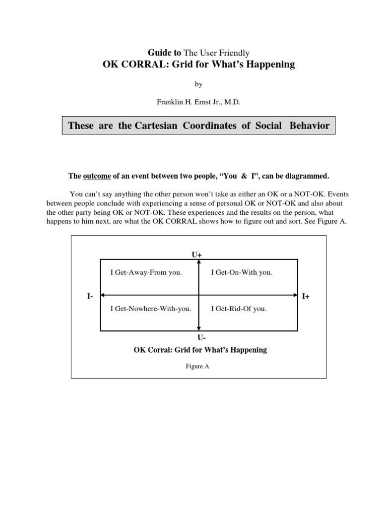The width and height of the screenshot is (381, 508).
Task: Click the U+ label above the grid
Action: [x=197, y=254]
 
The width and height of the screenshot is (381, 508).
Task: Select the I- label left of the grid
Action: [x=90, y=296]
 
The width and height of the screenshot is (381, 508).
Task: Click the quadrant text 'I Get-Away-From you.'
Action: [x=146, y=272]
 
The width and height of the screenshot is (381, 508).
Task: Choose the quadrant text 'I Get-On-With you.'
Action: [x=242, y=272]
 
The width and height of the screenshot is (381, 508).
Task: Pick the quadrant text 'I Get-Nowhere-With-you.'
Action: [x=150, y=309]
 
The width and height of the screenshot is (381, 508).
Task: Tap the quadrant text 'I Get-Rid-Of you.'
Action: [x=239, y=309]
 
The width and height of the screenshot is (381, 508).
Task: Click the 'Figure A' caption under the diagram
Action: [x=198, y=367]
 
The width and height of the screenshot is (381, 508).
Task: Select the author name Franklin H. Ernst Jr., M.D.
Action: [x=198, y=102]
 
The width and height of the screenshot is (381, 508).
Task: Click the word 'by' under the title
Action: [x=198, y=84]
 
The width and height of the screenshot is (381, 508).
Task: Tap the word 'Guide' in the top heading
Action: [x=158, y=53]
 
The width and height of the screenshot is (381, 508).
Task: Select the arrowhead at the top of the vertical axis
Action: [x=199, y=261]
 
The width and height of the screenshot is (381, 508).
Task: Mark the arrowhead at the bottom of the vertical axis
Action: [x=199, y=328]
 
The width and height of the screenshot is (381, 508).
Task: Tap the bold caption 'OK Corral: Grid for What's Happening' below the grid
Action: [x=200, y=350]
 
